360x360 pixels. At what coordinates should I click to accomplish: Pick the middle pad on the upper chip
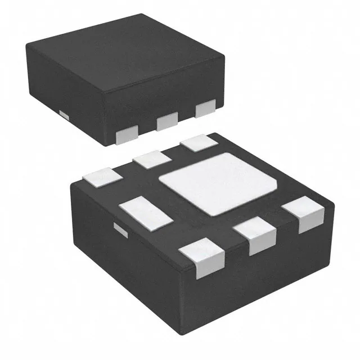[x=167, y=120]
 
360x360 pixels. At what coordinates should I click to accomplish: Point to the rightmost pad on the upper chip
[x=205, y=109]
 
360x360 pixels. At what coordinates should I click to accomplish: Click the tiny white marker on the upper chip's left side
[x=64, y=115]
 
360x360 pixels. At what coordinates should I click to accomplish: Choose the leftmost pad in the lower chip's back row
[x=102, y=178]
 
